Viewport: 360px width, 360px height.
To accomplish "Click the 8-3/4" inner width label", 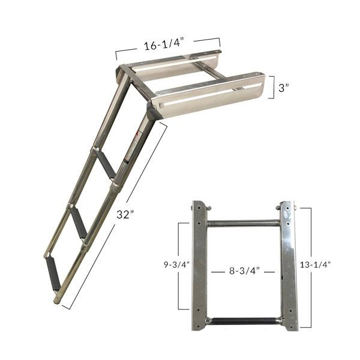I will point(243,271).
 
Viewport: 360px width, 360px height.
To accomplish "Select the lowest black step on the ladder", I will point(53,265).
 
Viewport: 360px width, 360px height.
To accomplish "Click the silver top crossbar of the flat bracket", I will point(244,223).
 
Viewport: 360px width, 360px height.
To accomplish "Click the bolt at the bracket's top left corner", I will point(193,208).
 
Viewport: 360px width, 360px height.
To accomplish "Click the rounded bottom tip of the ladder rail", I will point(57,298).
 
